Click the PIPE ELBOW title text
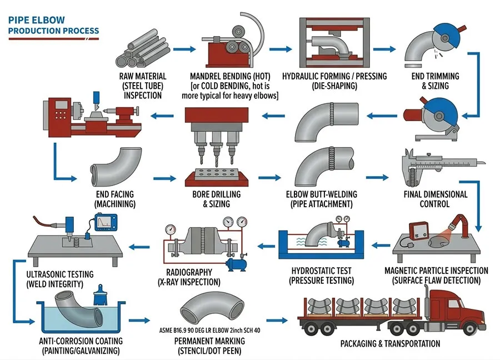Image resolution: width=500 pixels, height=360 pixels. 37,21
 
